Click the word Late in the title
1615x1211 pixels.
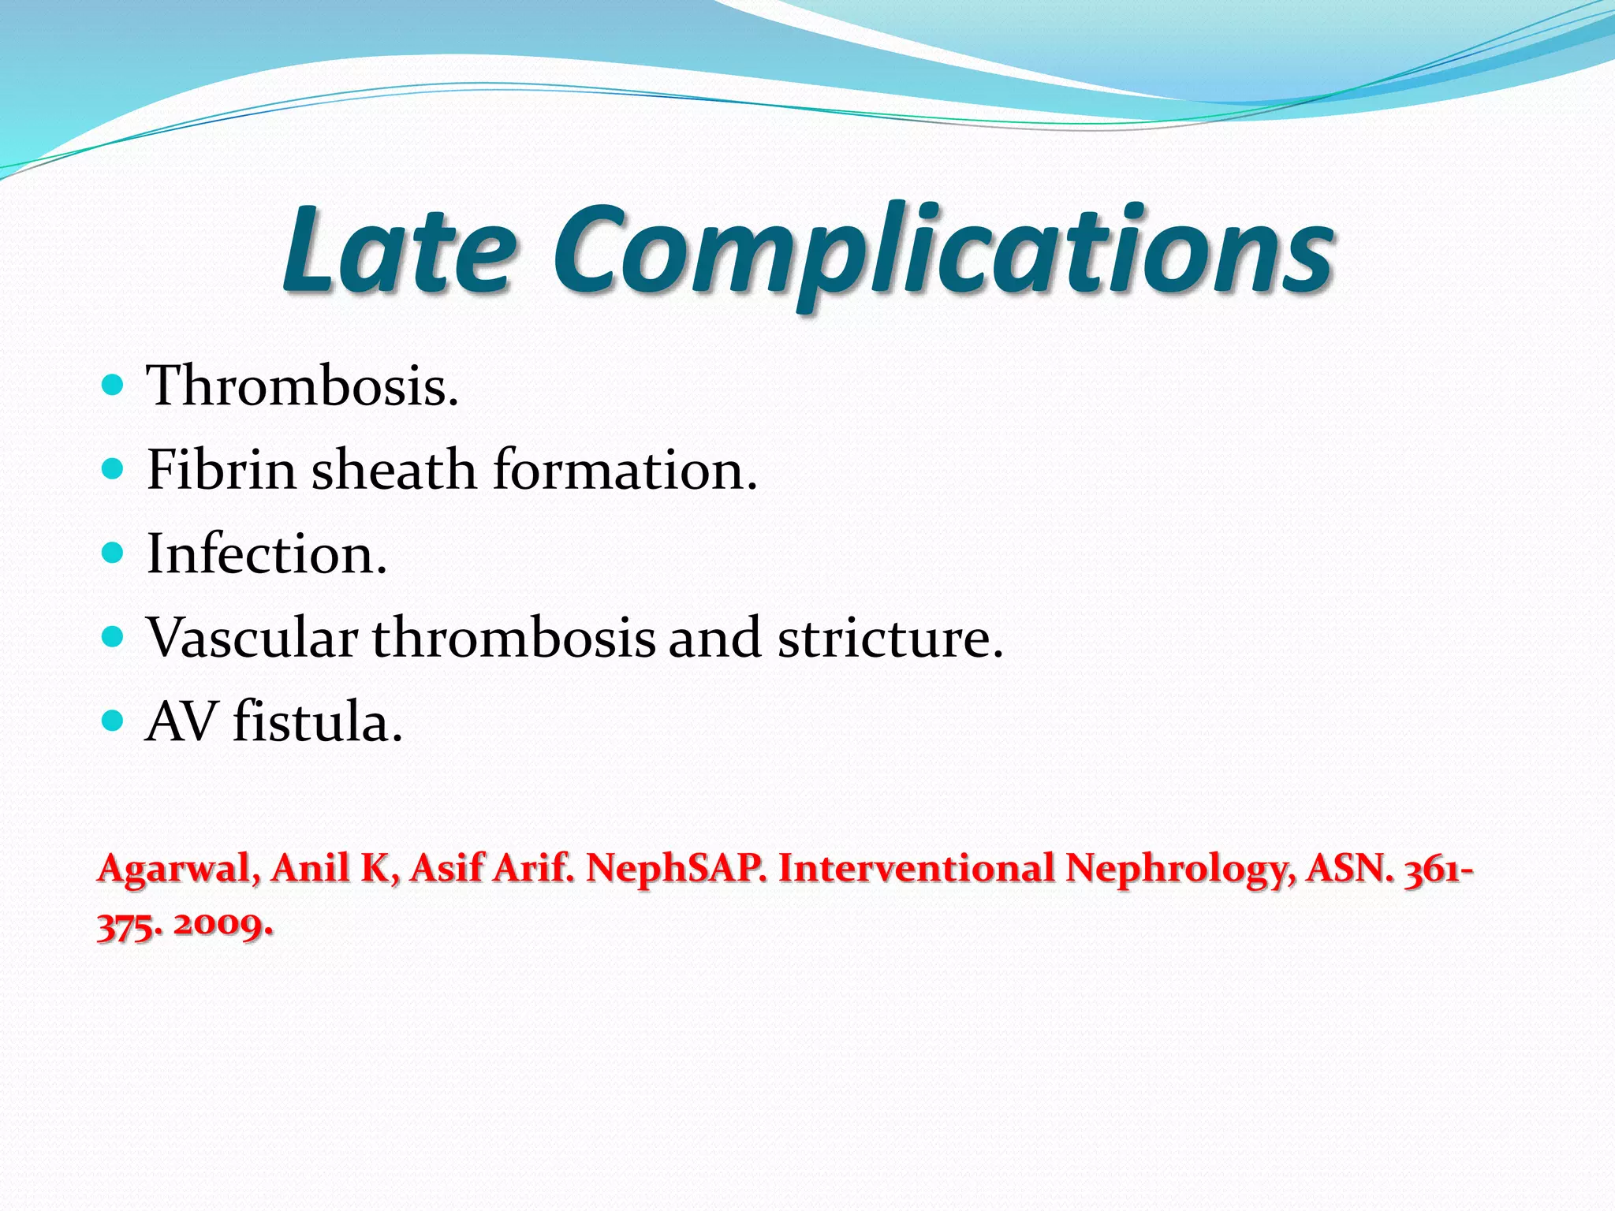pyautogui.click(x=399, y=251)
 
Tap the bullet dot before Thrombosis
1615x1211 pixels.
pyautogui.click(x=114, y=386)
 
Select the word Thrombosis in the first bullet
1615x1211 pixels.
pyautogui.click(x=301, y=386)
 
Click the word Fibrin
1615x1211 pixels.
pyautogui.click(x=221, y=470)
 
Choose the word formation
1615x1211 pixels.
pyautogui.click(x=625, y=470)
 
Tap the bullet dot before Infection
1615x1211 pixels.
pyautogui.click(x=114, y=553)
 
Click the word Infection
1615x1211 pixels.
pyautogui.click(x=267, y=554)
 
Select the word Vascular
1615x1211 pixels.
pyautogui.click(x=252, y=638)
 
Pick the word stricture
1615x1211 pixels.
pyautogui.click(x=890, y=638)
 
